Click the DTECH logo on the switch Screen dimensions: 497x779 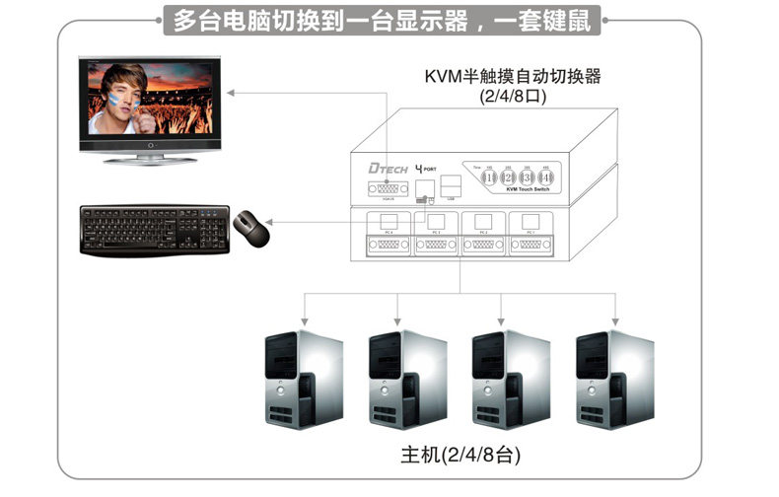tap(383, 170)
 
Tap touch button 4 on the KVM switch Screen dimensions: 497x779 tap(547, 177)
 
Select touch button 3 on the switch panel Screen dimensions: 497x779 tap(529, 177)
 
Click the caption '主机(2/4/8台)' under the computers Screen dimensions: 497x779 tap(460, 456)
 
